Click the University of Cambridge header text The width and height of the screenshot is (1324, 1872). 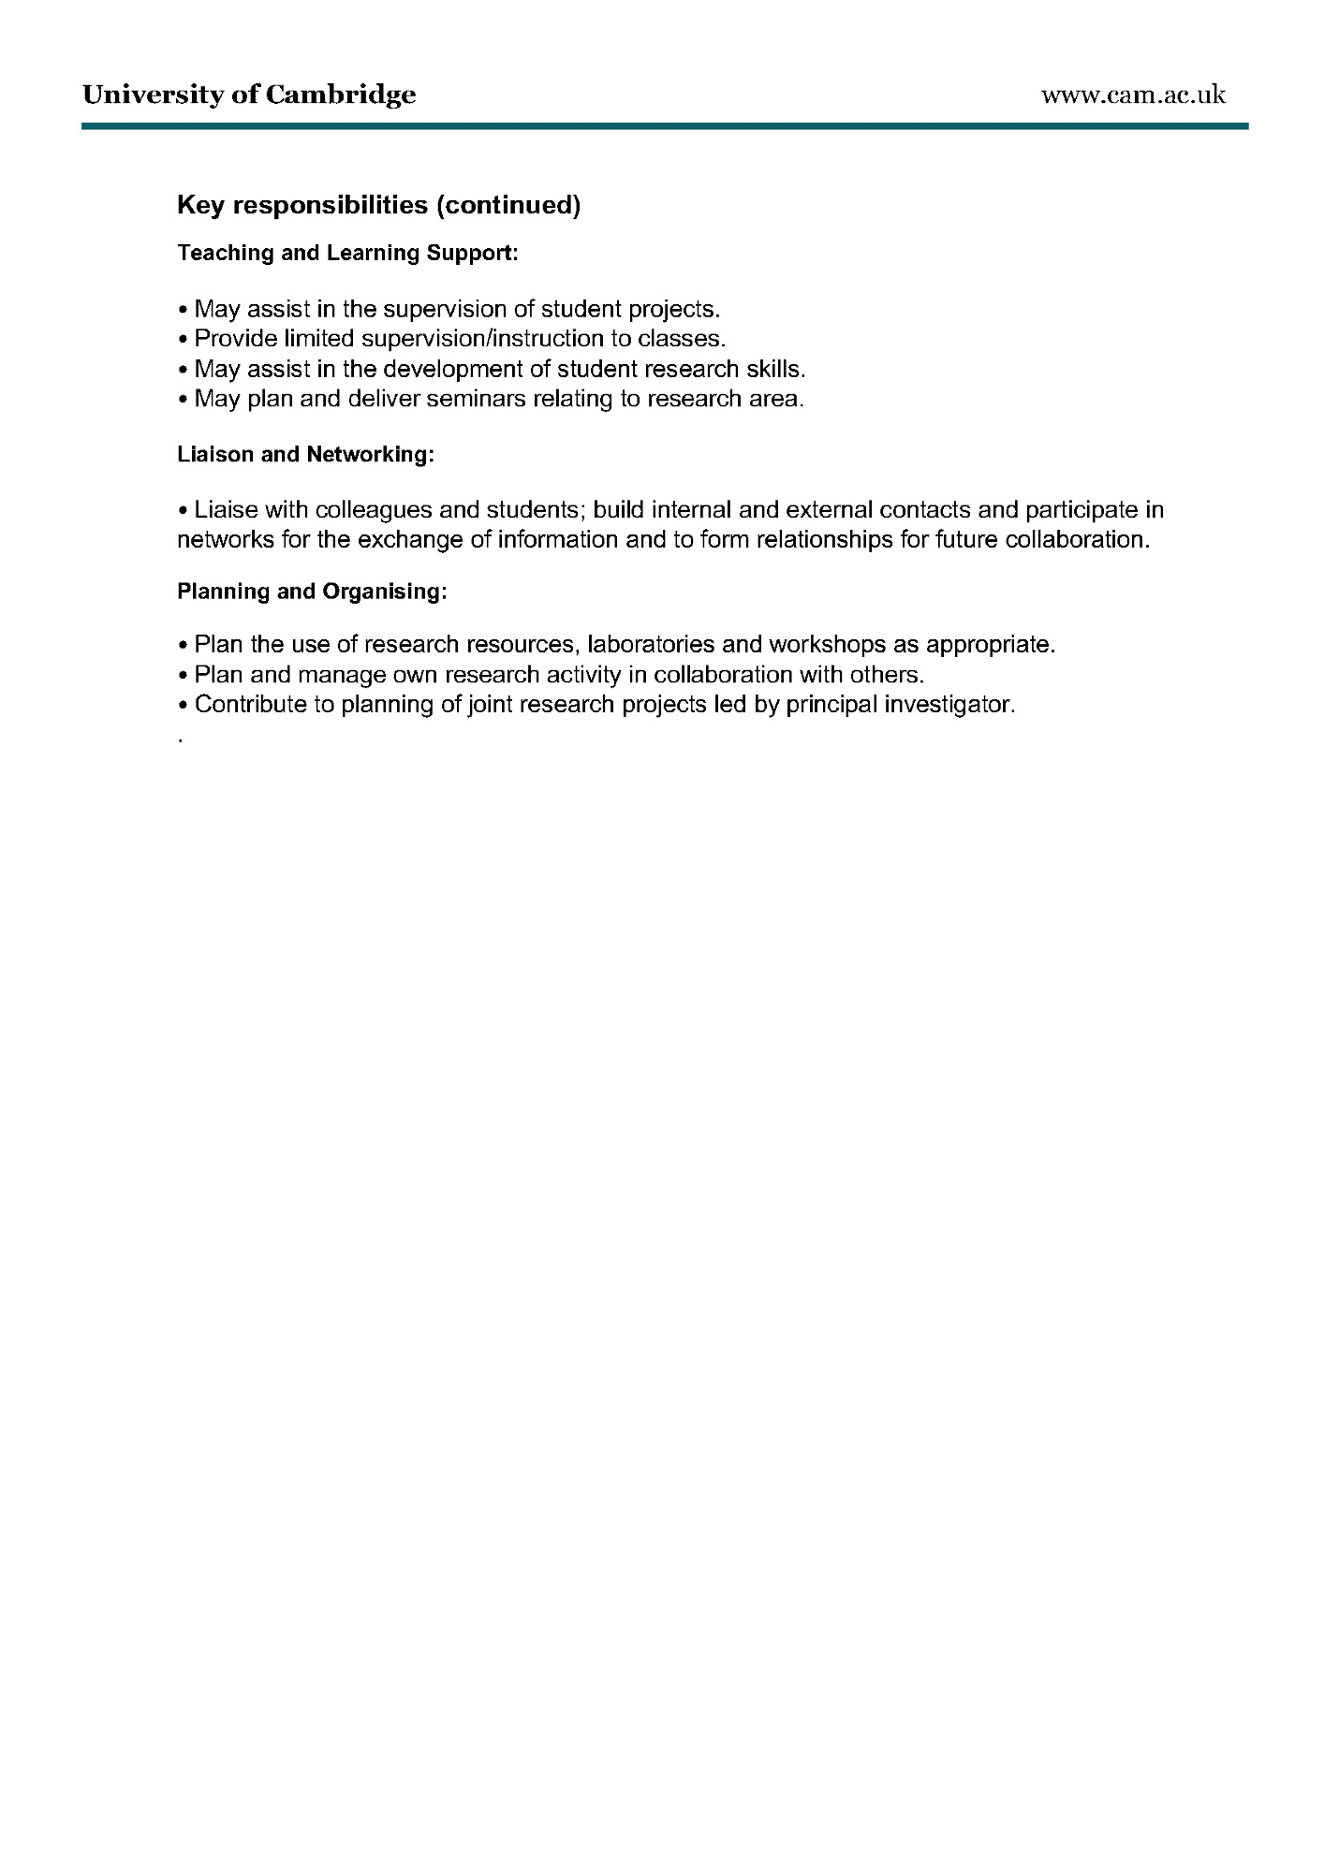(249, 95)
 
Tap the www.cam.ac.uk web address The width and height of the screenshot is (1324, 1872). (1133, 95)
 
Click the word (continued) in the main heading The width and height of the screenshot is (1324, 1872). (508, 205)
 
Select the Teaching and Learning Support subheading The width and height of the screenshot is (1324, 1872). (347, 253)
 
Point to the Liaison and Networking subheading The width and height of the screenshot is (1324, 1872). (305, 455)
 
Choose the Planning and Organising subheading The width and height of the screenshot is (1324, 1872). (312, 592)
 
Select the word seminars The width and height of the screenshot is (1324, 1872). (475, 399)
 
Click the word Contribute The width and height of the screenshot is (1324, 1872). (250, 705)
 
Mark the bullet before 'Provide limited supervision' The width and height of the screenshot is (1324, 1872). (183, 339)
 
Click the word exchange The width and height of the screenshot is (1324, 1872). (411, 540)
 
